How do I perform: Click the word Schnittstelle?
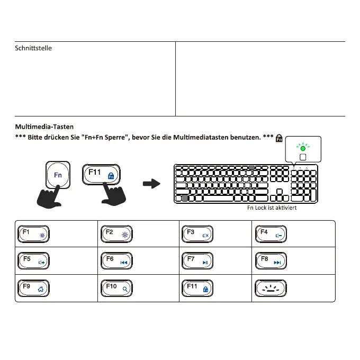coord(33,48)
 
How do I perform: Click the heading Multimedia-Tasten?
coord(44,127)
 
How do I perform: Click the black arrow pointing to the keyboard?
coord(152,184)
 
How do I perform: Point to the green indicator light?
coord(303,149)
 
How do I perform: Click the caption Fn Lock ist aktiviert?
coord(272,208)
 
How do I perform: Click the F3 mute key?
coord(197,234)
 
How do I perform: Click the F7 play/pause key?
coord(197,261)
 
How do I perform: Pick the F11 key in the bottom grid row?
coord(197,288)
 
